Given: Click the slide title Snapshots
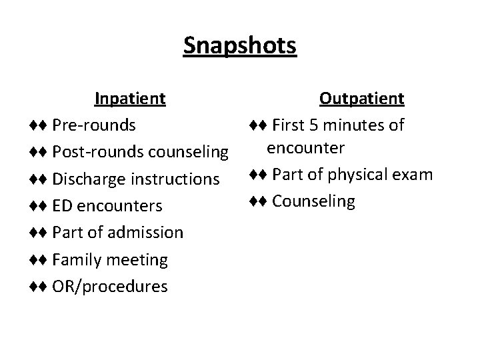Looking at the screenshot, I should [x=240, y=46].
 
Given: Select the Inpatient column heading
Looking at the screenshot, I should [x=130, y=99].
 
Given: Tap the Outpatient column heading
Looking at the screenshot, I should [x=361, y=99].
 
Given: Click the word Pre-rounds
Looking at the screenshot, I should [x=94, y=125].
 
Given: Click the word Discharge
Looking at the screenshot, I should [x=86, y=179].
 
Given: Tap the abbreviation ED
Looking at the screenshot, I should [x=62, y=206].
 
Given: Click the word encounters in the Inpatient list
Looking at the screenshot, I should [x=119, y=206].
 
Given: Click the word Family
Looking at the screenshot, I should [x=75, y=259].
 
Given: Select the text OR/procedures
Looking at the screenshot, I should [x=110, y=287].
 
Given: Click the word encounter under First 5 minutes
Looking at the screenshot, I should [x=305, y=147].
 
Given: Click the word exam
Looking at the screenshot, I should [x=414, y=175].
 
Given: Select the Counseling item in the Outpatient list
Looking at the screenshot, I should [x=314, y=201].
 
